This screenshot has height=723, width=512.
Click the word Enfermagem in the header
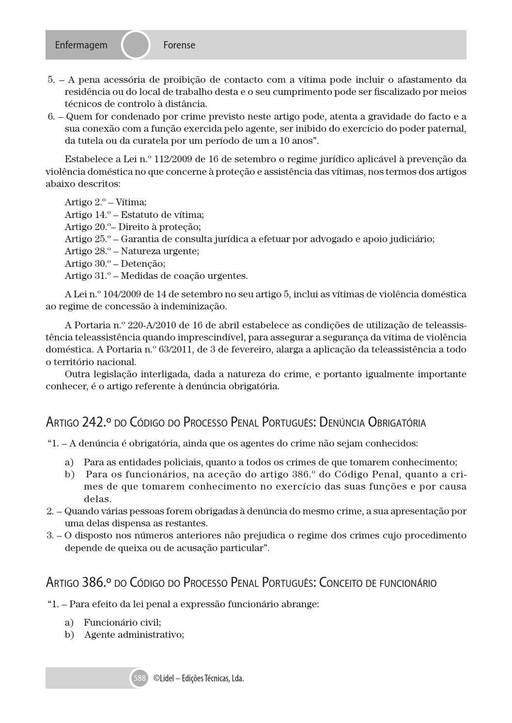[x=81, y=45]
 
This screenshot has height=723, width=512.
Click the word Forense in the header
[x=179, y=45]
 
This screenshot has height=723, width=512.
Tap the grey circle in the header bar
[x=136, y=45]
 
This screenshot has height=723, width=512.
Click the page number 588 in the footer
[x=140, y=678]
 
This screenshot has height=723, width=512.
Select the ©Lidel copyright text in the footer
[x=198, y=678]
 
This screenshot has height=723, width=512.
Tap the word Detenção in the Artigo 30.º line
[x=143, y=263]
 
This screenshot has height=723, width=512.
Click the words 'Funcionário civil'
[x=122, y=622]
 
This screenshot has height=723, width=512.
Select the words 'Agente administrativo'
[x=134, y=634]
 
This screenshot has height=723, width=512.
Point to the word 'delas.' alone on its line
[x=97, y=499]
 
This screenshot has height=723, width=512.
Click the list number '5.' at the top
[x=51, y=80]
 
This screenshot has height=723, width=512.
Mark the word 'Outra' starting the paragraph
[x=76, y=374]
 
